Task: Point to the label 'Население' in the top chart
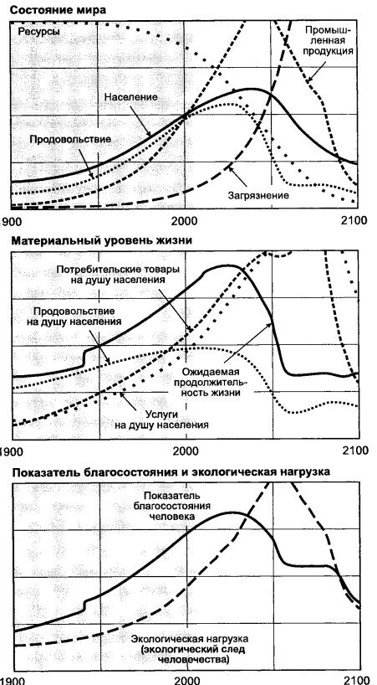click(131, 98)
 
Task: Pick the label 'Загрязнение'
click(258, 195)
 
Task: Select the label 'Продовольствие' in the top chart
click(70, 138)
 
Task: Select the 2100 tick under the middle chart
click(354, 450)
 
